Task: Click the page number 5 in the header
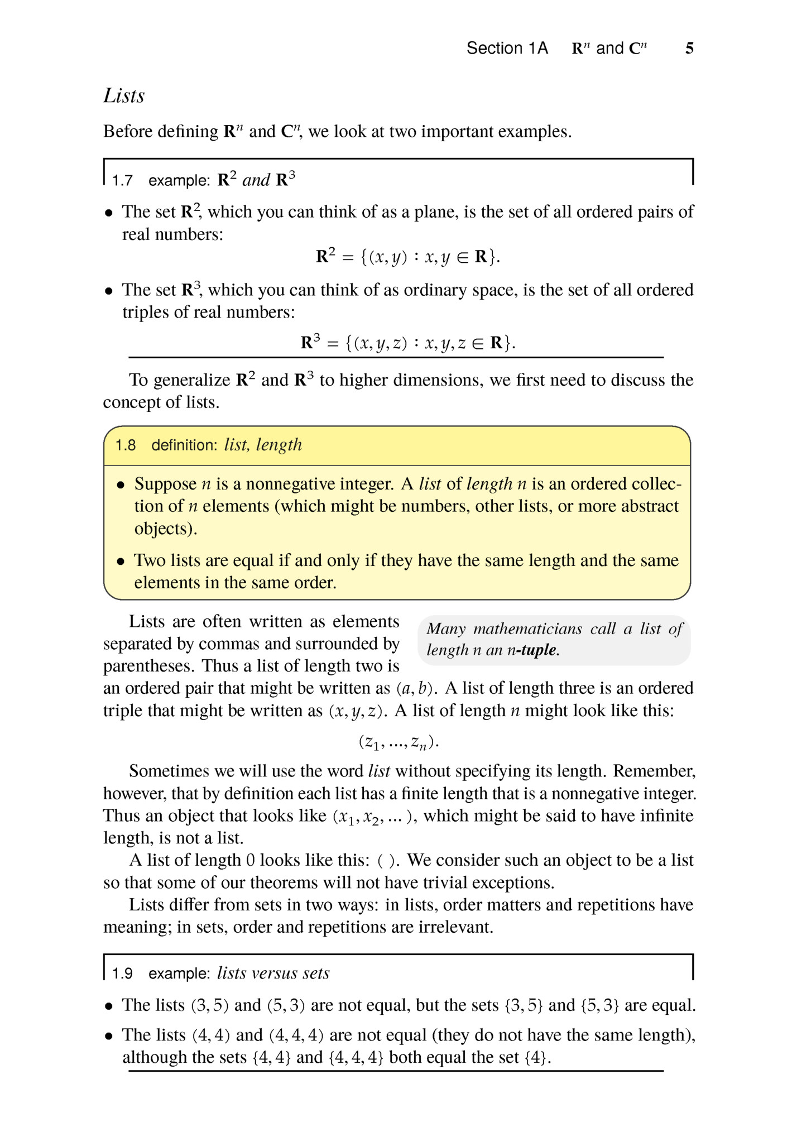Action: pyautogui.click(x=689, y=49)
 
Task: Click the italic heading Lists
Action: pyautogui.click(x=124, y=95)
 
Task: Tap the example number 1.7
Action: pyautogui.click(x=122, y=181)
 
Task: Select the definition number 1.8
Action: pyautogui.click(x=126, y=445)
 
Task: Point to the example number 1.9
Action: pyautogui.click(x=122, y=973)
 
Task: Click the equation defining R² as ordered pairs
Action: pyautogui.click(x=408, y=257)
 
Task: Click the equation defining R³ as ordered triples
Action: pyautogui.click(x=408, y=342)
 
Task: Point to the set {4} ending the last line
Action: pyautogui.click(x=536, y=1058)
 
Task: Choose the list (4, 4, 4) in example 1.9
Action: pyautogui.click(x=296, y=1035)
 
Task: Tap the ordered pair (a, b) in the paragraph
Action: pyautogui.click(x=416, y=688)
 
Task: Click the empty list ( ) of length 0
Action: pyautogui.click(x=387, y=861)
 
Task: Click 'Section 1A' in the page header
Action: pyautogui.click(x=507, y=49)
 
